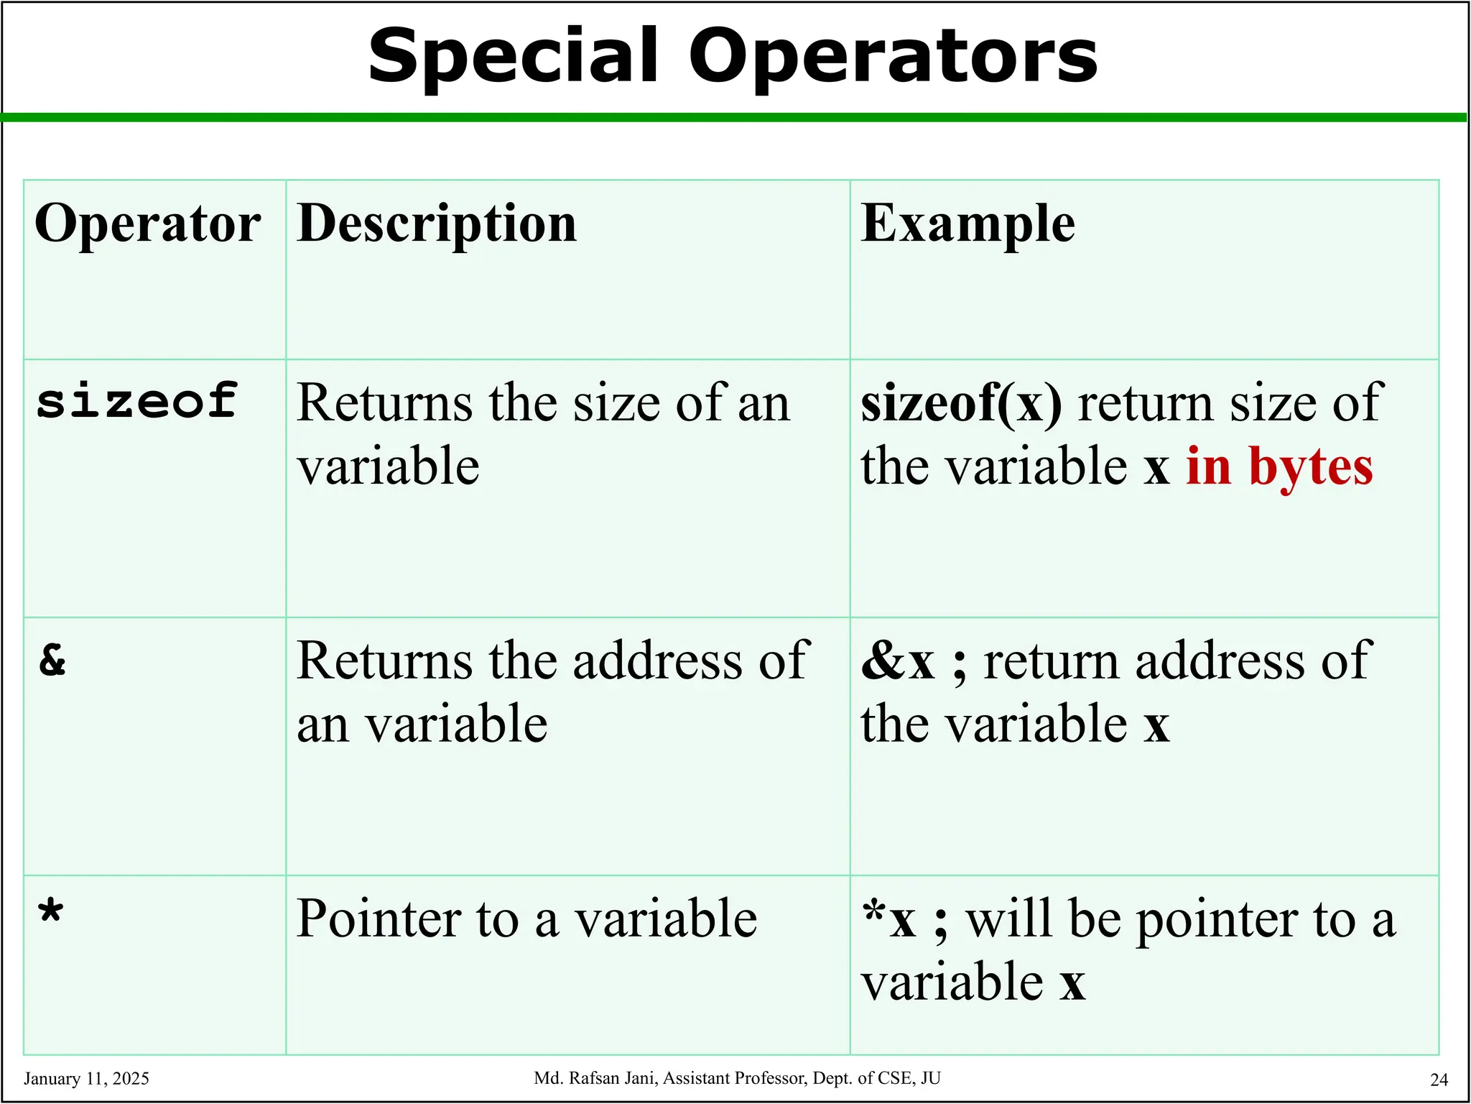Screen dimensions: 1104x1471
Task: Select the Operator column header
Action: click(x=148, y=224)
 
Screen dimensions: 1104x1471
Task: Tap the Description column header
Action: click(x=437, y=224)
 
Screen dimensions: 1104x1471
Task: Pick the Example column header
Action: click(x=967, y=224)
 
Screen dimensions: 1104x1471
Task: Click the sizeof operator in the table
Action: click(x=136, y=400)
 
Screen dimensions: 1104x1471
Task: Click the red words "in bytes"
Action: click(x=1279, y=466)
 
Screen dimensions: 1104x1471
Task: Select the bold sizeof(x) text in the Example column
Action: click(x=961, y=403)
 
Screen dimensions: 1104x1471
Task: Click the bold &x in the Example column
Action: click(x=898, y=661)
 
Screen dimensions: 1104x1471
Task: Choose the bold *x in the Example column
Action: click(x=889, y=919)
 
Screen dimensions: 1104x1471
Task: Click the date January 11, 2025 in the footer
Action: click(x=86, y=1079)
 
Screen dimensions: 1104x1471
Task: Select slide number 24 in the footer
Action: click(x=1439, y=1080)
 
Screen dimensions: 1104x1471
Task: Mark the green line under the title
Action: click(x=735, y=117)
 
